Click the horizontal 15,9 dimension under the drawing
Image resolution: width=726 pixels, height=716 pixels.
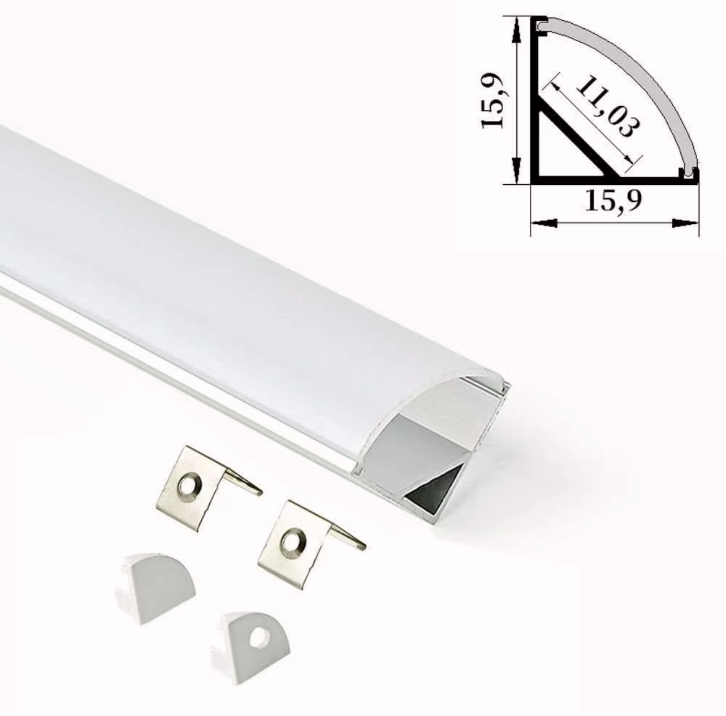613,200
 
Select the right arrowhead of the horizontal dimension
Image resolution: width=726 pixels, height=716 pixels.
685,223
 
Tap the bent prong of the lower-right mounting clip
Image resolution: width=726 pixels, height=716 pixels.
346,538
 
